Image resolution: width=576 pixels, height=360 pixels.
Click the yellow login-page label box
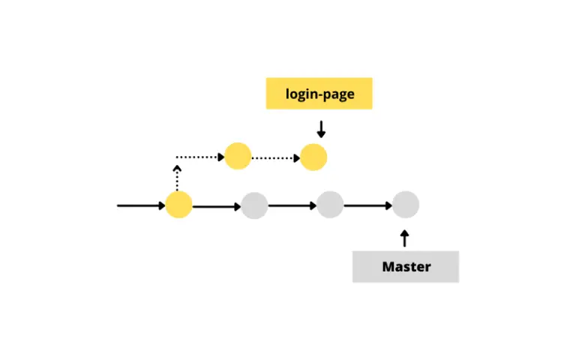[319, 93]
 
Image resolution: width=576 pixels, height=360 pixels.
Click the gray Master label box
[406, 267]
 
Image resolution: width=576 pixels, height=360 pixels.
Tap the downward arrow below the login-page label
[321, 129]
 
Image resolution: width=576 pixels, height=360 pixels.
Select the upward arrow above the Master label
[404, 238]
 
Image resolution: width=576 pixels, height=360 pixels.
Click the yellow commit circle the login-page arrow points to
[313, 157]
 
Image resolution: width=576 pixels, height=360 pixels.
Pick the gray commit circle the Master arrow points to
[406, 205]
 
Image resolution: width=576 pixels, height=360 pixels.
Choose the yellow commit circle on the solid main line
[179, 205]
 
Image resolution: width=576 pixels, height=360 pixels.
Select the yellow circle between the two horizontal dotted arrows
[238, 156]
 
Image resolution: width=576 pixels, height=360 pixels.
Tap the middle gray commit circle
[330, 205]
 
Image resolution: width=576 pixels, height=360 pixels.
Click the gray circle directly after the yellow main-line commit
[254, 205]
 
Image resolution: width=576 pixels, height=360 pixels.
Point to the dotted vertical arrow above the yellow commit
[177, 178]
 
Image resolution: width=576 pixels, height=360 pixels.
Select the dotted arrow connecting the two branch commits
[276, 158]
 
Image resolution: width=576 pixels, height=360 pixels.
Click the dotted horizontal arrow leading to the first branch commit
[200, 157]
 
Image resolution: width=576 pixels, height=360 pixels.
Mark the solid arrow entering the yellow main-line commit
[141, 205]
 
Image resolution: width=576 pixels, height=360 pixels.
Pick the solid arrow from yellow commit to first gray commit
[217, 207]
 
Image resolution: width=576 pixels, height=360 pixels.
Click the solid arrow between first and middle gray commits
[292, 205]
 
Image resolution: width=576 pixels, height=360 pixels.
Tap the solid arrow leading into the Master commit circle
[368, 205]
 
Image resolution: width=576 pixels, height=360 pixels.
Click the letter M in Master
[388, 267]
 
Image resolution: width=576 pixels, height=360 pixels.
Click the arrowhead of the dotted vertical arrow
[177, 168]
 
